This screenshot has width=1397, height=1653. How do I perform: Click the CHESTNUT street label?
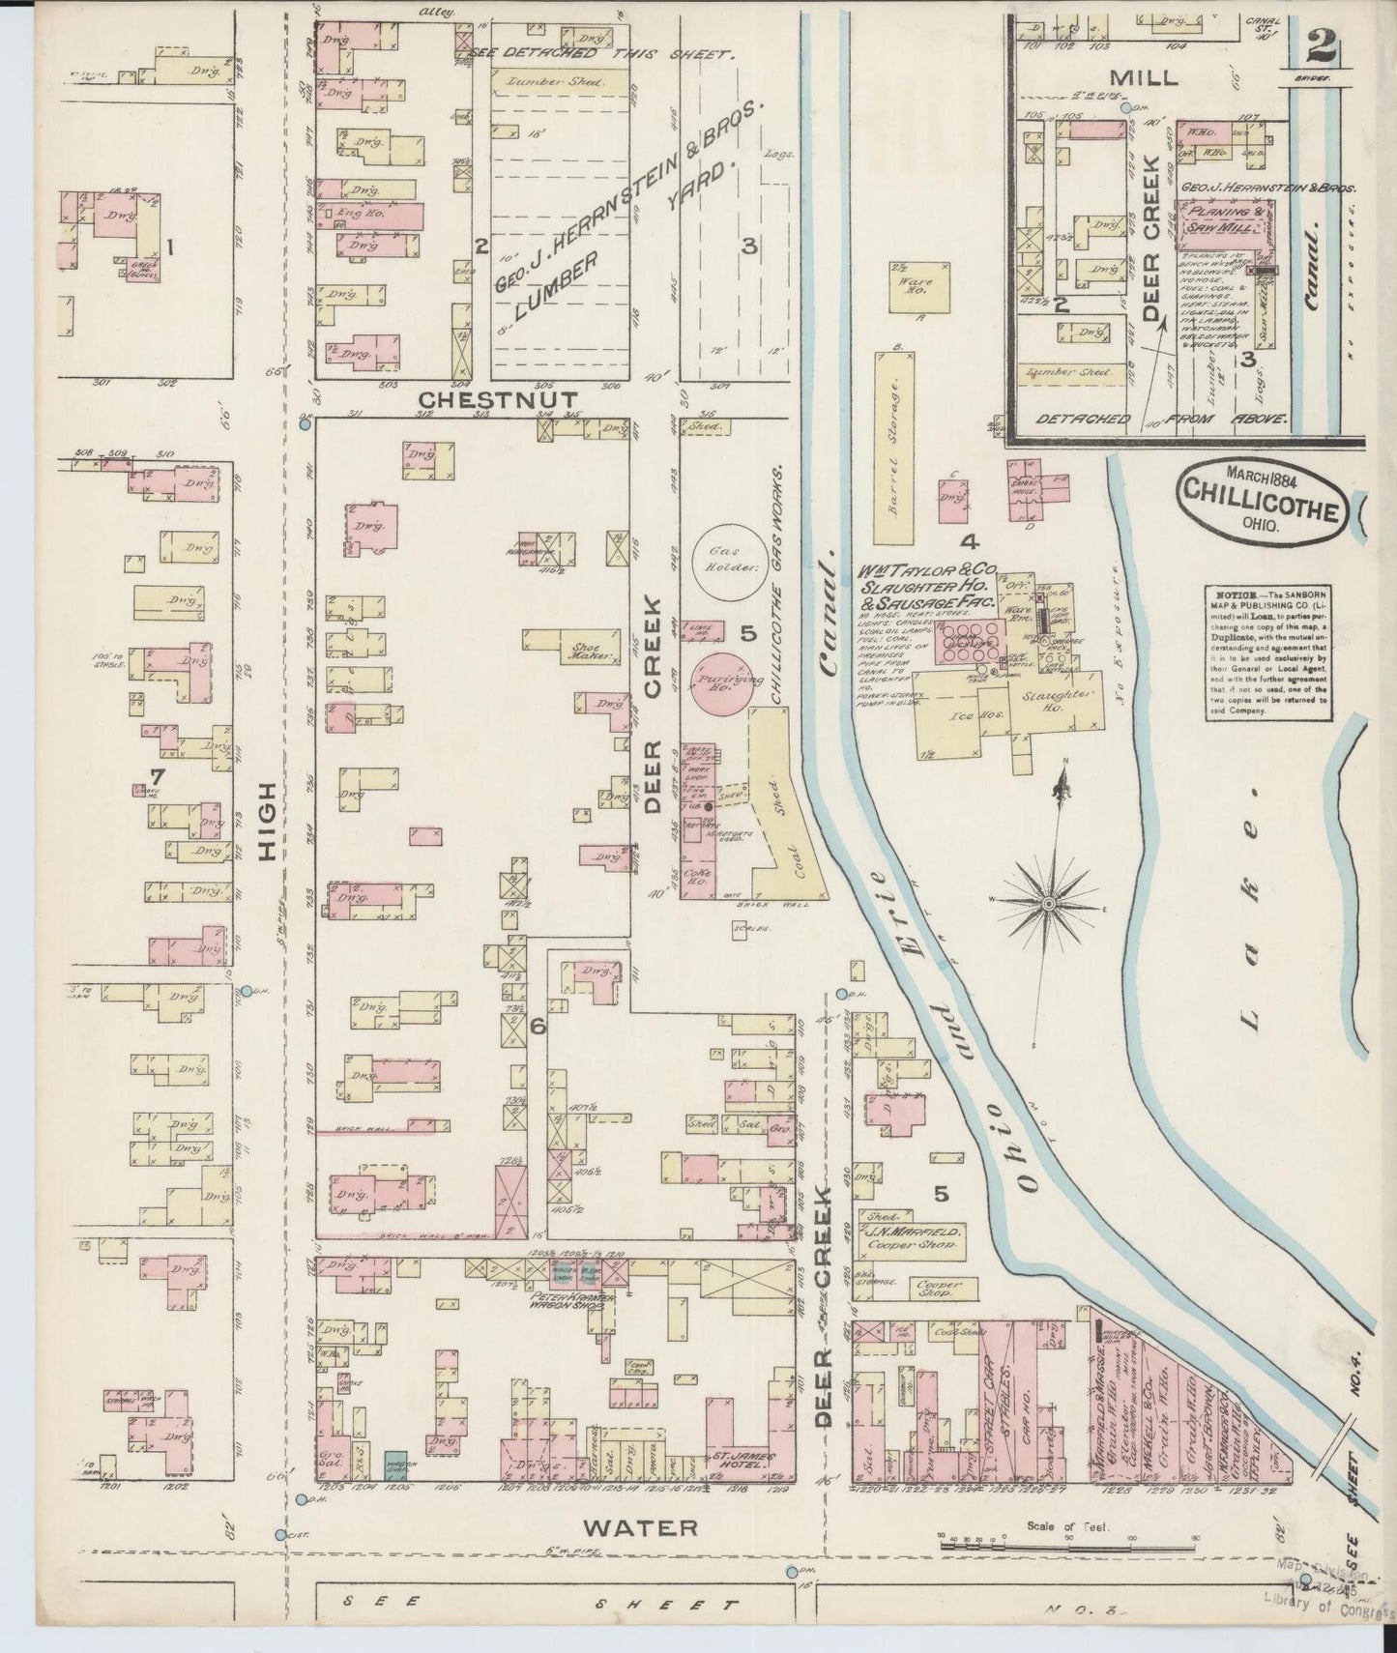pyautogui.click(x=499, y=399)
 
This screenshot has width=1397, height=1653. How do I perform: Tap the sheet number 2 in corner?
pyautogui.click(x=1312, y=45)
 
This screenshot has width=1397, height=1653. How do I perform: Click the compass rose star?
pyautogui.click(x=1048, y=904)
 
